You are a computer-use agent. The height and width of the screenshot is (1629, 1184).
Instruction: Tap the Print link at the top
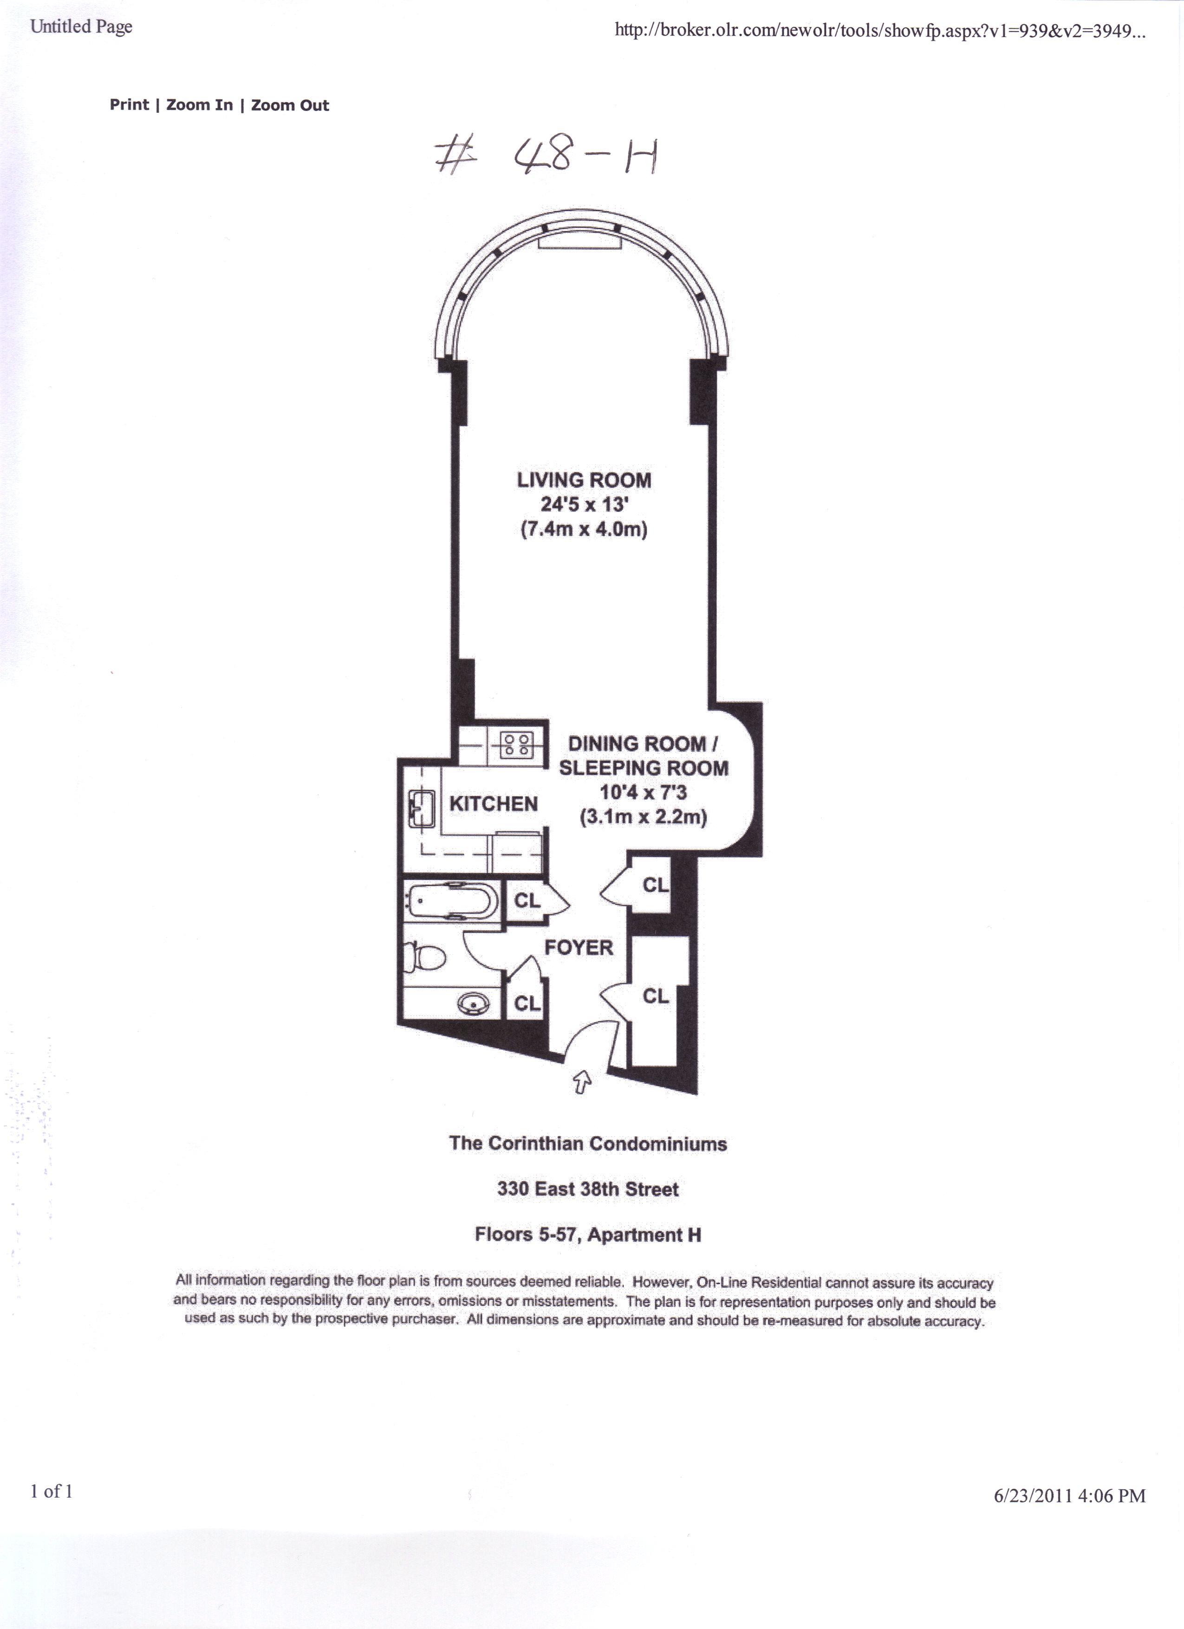click(x=130, y=105)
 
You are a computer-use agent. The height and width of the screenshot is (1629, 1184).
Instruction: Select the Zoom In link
click(x=200, y=105)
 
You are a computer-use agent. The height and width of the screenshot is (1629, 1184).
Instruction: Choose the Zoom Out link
click(x=290, y=105)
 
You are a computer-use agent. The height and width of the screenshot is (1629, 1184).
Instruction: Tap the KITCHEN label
click(x=494, y=804)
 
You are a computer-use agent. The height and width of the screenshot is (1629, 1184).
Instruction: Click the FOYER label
click(x=579, y=947)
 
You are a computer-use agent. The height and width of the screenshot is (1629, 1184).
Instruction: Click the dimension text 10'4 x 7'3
click(x=644, y=792)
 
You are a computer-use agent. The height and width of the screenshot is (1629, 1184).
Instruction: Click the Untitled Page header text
click(x=81, y=26)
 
